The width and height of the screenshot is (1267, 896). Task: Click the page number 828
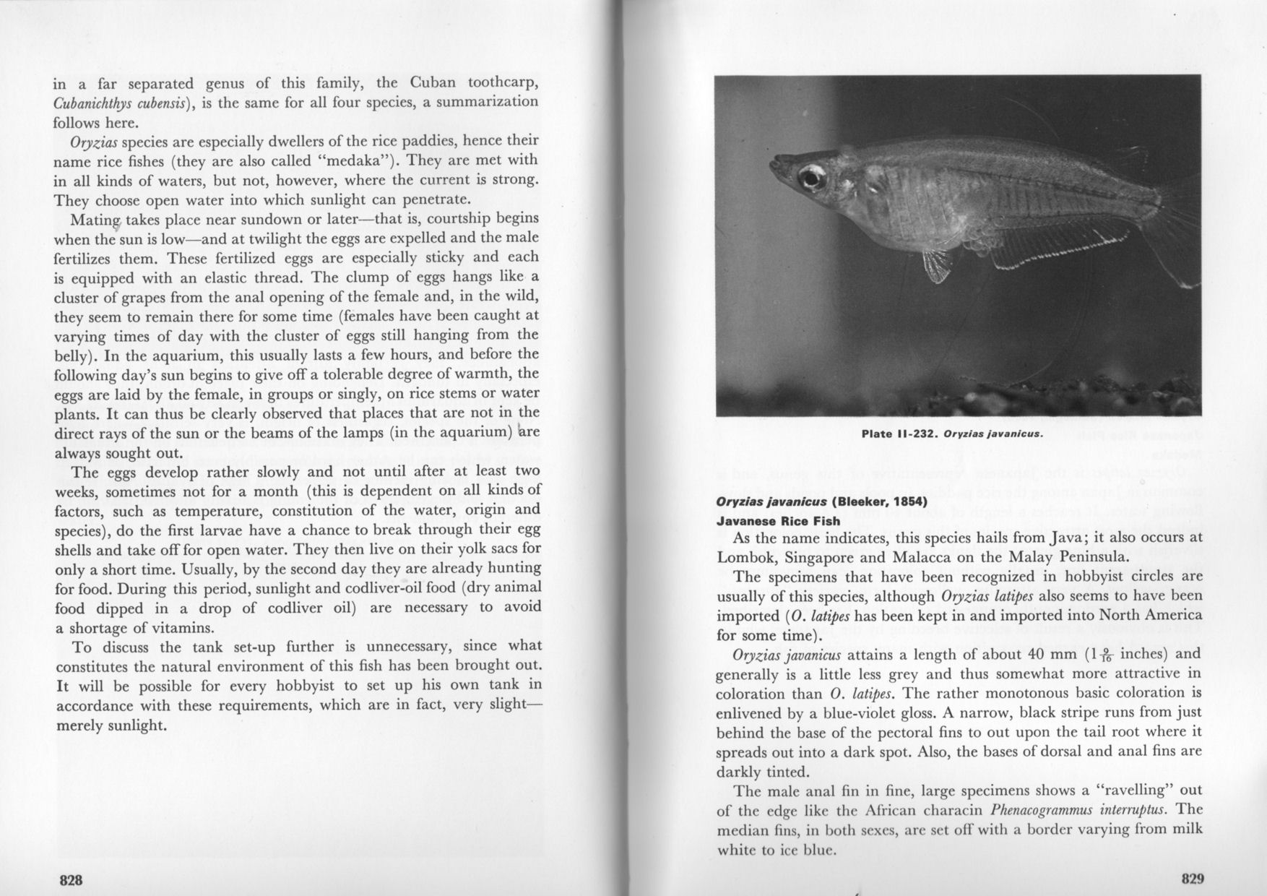point(71,880)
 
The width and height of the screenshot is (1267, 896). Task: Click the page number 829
point(1193,879)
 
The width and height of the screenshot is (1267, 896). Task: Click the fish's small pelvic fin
point(936,265)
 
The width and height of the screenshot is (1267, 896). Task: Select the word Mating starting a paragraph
point(96,218)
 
